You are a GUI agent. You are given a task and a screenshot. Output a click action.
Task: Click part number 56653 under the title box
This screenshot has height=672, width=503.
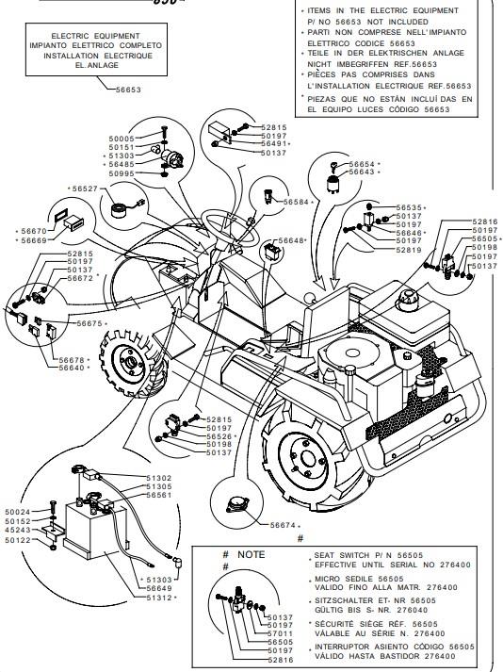pos(128,90)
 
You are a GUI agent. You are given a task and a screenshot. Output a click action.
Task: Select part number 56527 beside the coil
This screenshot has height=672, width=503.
pos(85,188)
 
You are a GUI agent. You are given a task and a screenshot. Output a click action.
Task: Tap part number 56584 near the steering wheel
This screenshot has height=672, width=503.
pos(296,202)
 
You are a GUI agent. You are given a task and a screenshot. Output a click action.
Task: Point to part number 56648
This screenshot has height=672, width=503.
pos(291,241)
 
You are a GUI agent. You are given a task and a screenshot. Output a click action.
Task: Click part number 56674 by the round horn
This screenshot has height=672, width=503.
pos(283,525)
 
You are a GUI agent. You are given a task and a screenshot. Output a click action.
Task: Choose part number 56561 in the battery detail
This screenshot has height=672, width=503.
pos(159,495)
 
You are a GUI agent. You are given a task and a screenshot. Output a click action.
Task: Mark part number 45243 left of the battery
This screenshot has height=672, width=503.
pos(18,530)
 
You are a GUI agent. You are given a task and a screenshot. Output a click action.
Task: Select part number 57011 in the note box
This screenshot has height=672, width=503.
pos(280,633)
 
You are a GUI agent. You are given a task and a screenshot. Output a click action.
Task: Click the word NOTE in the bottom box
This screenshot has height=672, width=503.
pos(251,554)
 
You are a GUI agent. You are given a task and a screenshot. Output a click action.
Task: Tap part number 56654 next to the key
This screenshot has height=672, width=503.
pos(362,164)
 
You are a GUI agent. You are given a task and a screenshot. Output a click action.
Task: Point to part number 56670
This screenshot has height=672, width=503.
pos(34,231)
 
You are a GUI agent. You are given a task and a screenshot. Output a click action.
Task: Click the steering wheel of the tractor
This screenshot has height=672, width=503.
pos(232,227)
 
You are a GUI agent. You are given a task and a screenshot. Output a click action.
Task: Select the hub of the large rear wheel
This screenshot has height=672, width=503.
pos(308,458)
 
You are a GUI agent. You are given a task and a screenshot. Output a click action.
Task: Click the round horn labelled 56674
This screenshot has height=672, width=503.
pos(237,504)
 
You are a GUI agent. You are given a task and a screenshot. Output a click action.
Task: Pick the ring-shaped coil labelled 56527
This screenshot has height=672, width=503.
pos(120,210)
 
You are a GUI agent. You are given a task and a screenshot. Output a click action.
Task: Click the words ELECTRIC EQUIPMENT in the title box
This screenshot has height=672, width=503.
pos(95,36)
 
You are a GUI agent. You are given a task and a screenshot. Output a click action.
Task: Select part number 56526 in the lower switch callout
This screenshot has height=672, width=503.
pos(219,436)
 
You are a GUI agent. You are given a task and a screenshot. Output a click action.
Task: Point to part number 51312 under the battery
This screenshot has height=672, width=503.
pos(159,598)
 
